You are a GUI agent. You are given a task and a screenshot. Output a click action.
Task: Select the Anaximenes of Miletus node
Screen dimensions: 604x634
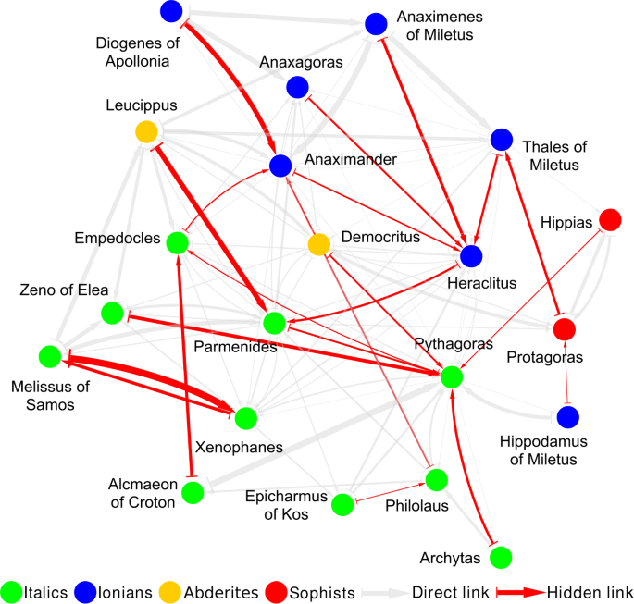(375, 24)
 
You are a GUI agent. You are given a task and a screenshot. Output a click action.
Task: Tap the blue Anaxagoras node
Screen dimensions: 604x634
(297, 87)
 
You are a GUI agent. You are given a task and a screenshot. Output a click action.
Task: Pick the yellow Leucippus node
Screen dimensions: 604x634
(146, 132)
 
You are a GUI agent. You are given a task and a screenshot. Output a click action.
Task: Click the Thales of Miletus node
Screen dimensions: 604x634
(501, 140)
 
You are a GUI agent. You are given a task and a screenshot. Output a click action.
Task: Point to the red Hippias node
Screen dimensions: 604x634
(610, 220)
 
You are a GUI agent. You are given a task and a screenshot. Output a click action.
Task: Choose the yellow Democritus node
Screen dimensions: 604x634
(318, 244)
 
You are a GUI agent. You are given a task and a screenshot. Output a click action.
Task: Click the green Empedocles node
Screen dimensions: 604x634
(177, 242)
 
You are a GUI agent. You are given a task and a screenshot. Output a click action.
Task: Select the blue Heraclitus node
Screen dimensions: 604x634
(471, 255)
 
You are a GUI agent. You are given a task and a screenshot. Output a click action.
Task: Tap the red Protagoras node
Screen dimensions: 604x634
(565, 328)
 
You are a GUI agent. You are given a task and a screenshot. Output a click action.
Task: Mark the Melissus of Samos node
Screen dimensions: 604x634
(51, 355)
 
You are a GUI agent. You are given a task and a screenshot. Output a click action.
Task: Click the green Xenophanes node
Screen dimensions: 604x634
(245, 418)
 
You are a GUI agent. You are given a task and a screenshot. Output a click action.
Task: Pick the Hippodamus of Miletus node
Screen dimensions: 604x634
(568, 417)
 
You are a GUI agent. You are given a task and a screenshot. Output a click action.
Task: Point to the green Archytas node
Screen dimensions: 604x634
(500, 557)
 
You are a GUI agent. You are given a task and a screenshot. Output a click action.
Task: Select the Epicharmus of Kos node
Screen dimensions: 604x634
(342, 504)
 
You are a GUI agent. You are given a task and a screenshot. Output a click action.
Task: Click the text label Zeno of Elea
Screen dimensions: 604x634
(64, 290)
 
